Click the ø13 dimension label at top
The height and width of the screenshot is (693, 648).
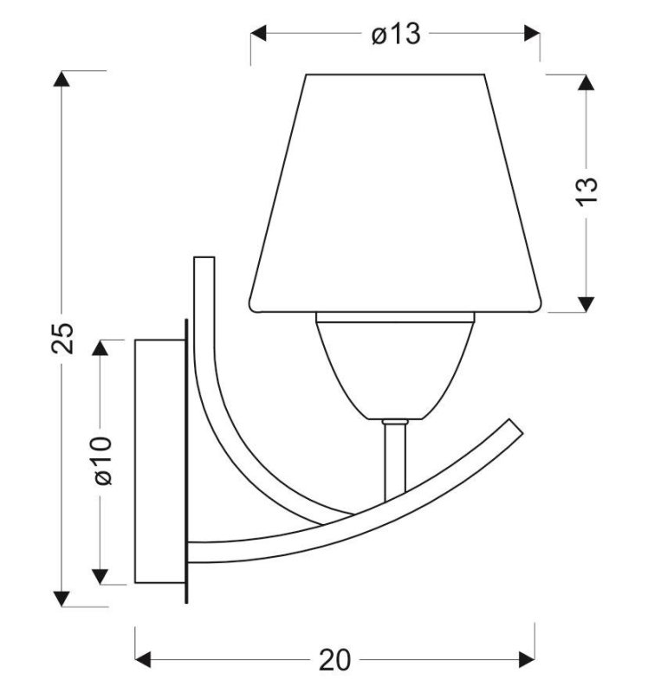(x=395, y=34)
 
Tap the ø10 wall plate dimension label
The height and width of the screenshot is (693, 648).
(x=101, y=460)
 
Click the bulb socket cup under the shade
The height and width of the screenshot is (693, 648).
(x=395, y=364)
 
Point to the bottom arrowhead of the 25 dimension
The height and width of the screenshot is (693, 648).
(x=62, y=598)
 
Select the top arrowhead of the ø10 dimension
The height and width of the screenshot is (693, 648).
(x=101, y=346)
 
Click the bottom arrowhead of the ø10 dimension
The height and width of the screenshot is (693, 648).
(x=101, y=576)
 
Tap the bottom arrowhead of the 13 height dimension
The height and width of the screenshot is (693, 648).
(x=586, y=302)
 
